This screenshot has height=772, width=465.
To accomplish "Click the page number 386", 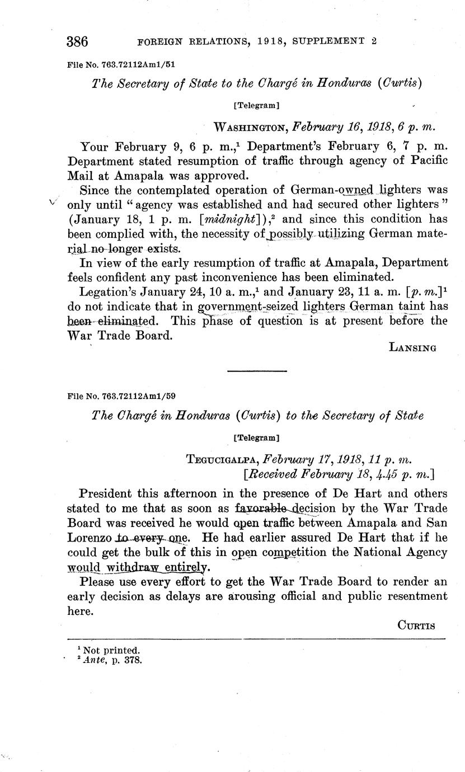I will [78, 41].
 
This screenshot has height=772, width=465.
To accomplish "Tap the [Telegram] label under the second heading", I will [256, 436].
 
